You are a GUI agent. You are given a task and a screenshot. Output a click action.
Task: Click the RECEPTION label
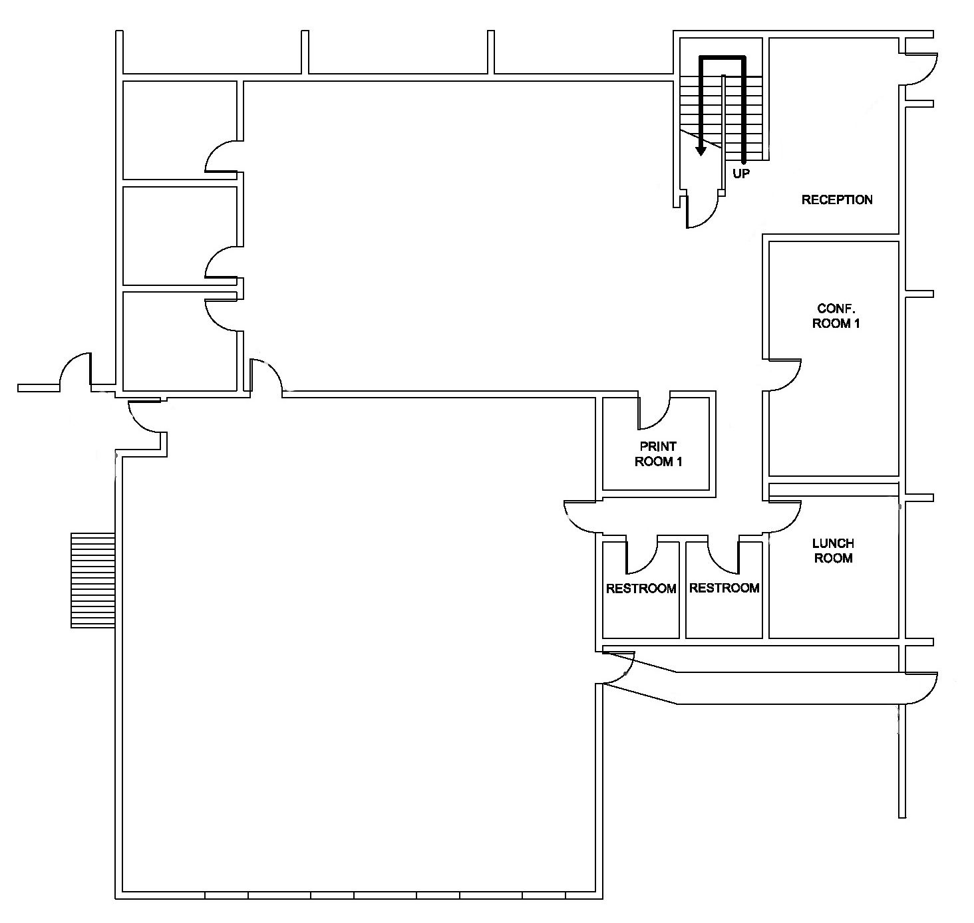click(x=837, y=199)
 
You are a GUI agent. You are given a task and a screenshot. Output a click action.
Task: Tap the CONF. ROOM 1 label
click(x=836, y=316)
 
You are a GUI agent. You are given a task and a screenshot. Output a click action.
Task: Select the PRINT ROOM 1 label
click(x=659, y=454)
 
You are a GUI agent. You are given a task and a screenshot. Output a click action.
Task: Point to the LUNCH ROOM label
click(x=834, y=551)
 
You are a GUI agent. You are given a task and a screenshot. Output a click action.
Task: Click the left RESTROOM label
click(x=641, y=589)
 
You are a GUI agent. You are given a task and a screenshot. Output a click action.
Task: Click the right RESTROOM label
click(x=725, y=588)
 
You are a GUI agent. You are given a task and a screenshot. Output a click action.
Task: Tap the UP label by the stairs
click(x=741, y=174)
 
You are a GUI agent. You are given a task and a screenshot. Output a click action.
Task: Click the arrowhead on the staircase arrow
click(x=701, y=150)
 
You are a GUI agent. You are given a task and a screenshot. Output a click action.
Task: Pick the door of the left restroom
click(x=642, y=554)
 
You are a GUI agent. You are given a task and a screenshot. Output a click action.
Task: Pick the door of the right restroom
click(x=723, y=554)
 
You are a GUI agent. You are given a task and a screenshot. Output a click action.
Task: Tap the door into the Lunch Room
click(x=784, y=517)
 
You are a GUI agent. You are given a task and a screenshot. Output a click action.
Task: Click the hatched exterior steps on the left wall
click(x=93, y=581)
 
